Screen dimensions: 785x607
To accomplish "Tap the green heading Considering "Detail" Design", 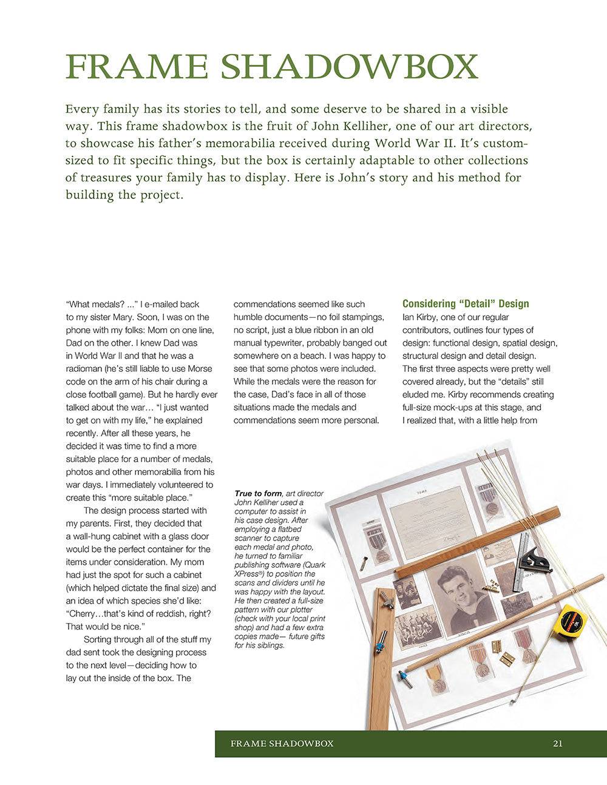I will (x=465, y=304).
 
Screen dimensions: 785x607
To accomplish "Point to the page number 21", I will (x=558, y=743).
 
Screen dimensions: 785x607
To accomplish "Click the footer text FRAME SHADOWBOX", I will (x=282, y=743).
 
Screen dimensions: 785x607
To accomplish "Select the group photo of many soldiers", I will (x=419, y=625).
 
